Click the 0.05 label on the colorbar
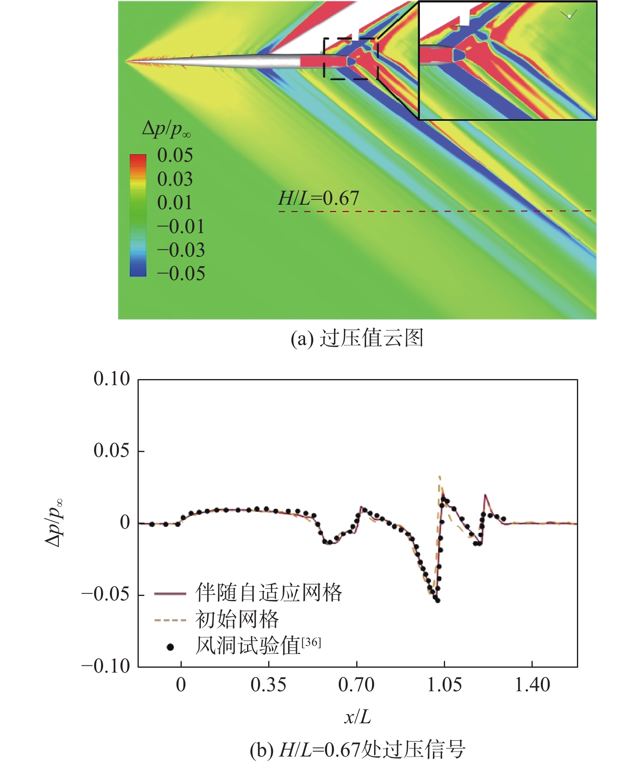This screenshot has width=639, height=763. (x=175, y=156)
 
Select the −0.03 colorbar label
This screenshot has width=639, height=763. (x=181, y=250)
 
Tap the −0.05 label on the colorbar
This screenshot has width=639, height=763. (x=181, y=274)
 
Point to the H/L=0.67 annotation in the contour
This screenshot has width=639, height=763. (x=318, y=199)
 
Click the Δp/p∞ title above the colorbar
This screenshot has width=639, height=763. (x=166, y=129)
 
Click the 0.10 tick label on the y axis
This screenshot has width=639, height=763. (x=112, y=379)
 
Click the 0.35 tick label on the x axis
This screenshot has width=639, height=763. (x=268, y=685)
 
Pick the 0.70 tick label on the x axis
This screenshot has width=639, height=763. (x=356, y=685)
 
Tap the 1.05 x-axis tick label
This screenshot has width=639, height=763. (x=444, y=685)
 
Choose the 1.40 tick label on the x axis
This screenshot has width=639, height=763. (x=532, y=685)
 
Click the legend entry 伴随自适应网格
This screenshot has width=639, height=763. (x=269, y=593)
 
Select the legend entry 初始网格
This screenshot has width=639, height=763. (x=237, y=619)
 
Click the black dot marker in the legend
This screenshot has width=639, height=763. (x=170, y=647)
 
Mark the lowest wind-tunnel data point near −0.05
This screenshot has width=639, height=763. (x=437, y=600)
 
